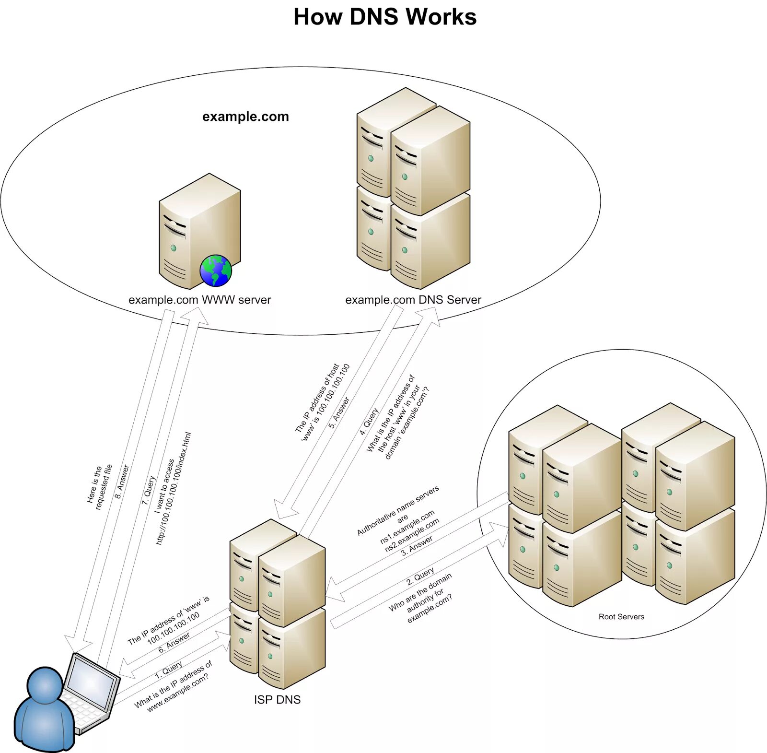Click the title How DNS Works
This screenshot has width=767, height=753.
[385, 17]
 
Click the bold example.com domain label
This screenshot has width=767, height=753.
[245, 117]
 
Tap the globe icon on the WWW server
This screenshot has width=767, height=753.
[216, 271]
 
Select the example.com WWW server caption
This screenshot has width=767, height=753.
[199, 300]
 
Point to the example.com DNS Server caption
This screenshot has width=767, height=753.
[413, 300]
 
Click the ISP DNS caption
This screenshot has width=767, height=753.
[277, 700]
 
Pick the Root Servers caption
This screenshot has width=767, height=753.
[621, 617]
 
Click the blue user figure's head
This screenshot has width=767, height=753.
[45, 685]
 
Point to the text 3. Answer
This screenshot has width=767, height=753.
[417, 546]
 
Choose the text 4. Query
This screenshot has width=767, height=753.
[369, 421]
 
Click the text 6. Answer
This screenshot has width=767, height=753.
[174, 642]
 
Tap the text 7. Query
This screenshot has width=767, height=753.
[149, 490]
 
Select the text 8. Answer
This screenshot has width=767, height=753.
[122, 481]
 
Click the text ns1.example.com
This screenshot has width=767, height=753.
[407, 527]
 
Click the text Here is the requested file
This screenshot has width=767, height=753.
[99, 487]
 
